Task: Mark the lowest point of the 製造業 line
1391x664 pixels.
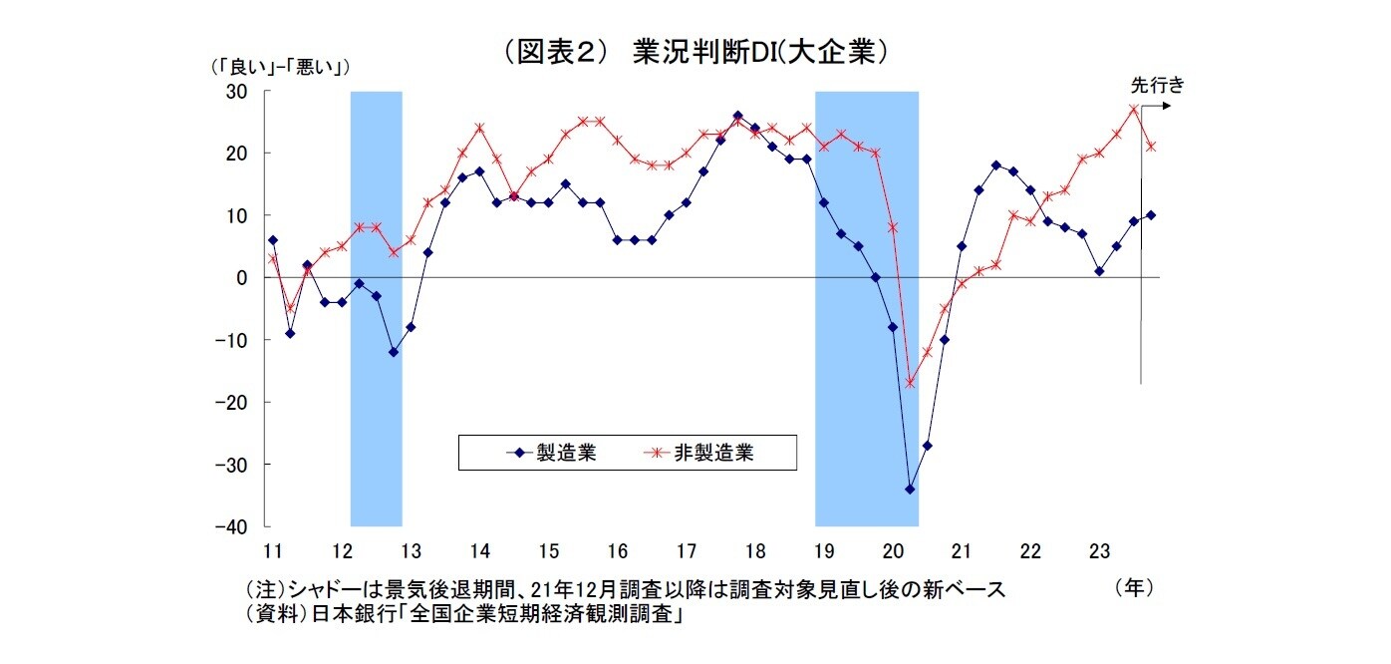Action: (x=910, y=490)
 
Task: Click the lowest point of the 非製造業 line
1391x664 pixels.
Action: (x=910, y=383)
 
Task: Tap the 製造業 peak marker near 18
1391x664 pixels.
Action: (x=737, y=116)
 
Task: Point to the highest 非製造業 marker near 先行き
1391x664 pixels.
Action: (x=1134, y=109)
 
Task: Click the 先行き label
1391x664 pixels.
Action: (x=1156, y=85)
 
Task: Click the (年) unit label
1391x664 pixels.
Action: (x=1134, y=588)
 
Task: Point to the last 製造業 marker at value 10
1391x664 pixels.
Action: (x=1151, y=215)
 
